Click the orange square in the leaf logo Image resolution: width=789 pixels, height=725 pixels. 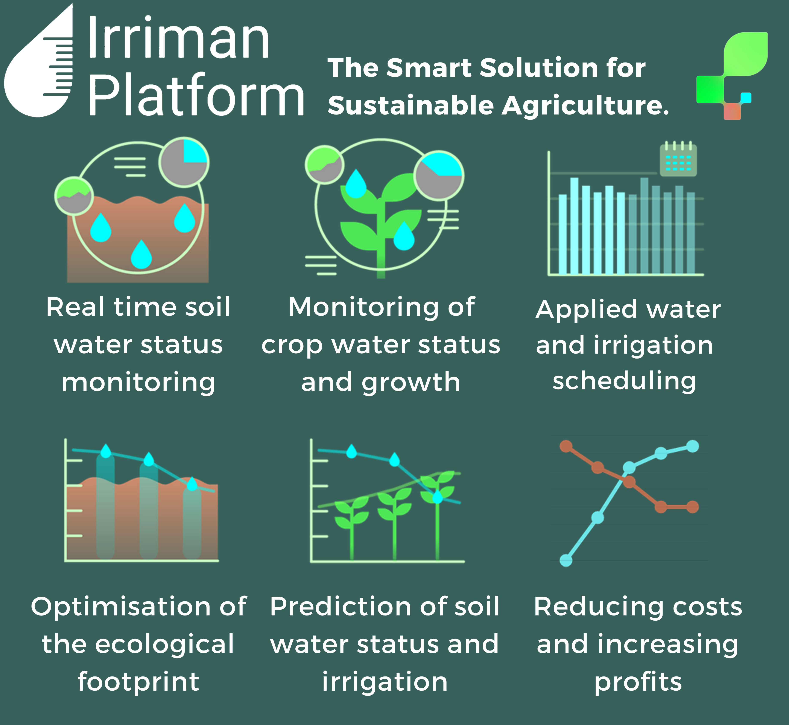[x=732, y=112]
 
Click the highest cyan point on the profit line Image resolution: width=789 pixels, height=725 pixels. [x=693, y=446]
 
